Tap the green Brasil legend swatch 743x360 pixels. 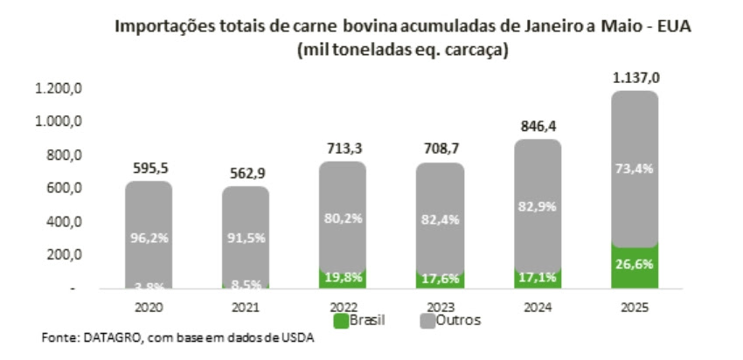342,321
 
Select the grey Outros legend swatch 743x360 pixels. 427,321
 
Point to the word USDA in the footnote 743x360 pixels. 297,340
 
